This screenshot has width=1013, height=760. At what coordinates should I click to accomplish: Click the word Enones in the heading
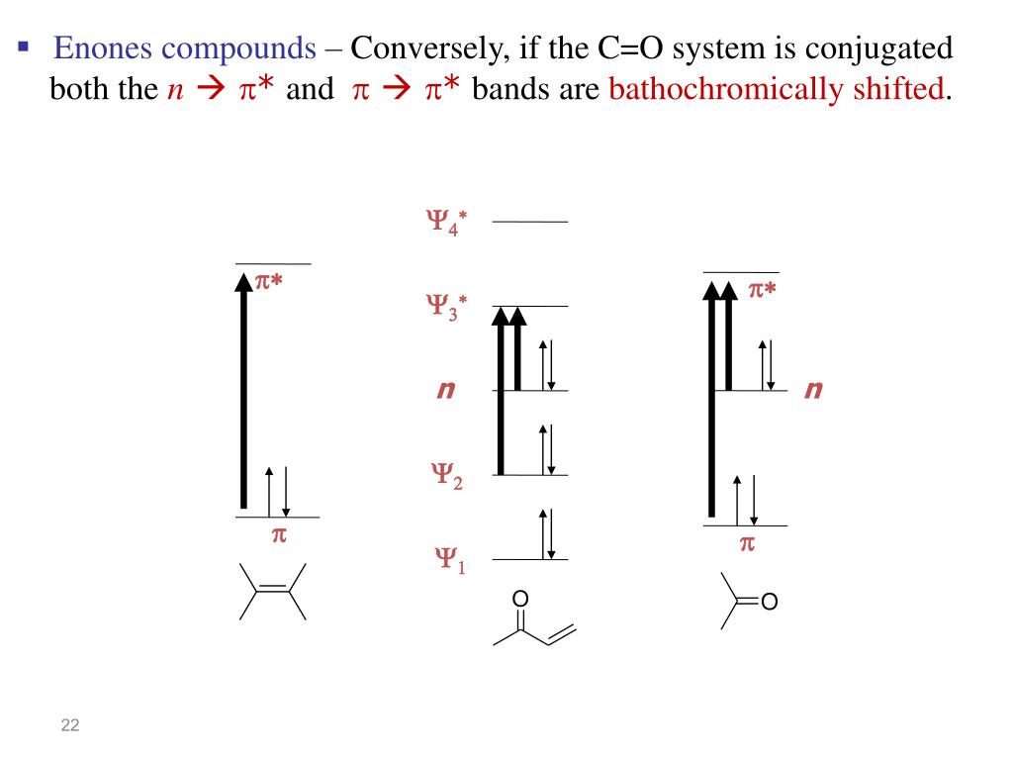pyautogui.click(x=97, y=47)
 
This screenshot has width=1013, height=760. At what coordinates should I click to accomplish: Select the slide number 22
pyautogui.click(x=69, y=727)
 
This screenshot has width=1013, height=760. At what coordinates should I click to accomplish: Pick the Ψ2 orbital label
pyautogui.click(x=445, y=477)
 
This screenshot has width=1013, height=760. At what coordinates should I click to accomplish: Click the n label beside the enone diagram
pyautogui.click(x=445, y=391)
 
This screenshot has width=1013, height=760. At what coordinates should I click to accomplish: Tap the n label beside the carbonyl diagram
pyautogui.click(x=813, y=391)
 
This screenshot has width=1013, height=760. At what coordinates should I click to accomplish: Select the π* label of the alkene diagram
pyautogui.click(x=269, y=282)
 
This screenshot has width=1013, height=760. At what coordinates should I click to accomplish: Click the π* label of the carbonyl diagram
pyautogui.click(x=762, y=289)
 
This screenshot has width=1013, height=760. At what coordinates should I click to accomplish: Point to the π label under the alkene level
pyautogui.click(x=278, y=535)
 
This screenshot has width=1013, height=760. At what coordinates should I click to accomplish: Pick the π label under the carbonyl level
pyautogui.click(x=748, y=543)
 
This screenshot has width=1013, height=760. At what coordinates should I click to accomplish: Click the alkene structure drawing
pyautogui.click(x=273, y=591)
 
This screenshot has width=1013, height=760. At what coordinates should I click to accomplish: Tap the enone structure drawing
pyautogui.click(x=533, y=622)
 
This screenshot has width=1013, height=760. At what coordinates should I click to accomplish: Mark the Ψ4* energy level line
pyautogui.click(x=530, y=222)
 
